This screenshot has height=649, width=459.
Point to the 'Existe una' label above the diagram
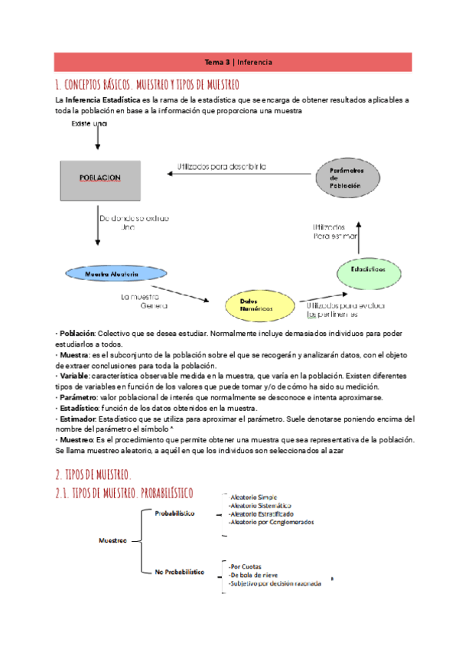tap(90, 123)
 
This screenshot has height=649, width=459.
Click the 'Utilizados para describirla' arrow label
tap(222, 166)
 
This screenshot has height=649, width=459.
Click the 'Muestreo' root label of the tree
tap(113, 540)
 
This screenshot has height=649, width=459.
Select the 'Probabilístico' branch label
tap(174, 512)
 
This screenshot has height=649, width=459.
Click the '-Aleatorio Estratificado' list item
tap(261, 514)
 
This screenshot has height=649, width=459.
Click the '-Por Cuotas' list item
tap(247, 566)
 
